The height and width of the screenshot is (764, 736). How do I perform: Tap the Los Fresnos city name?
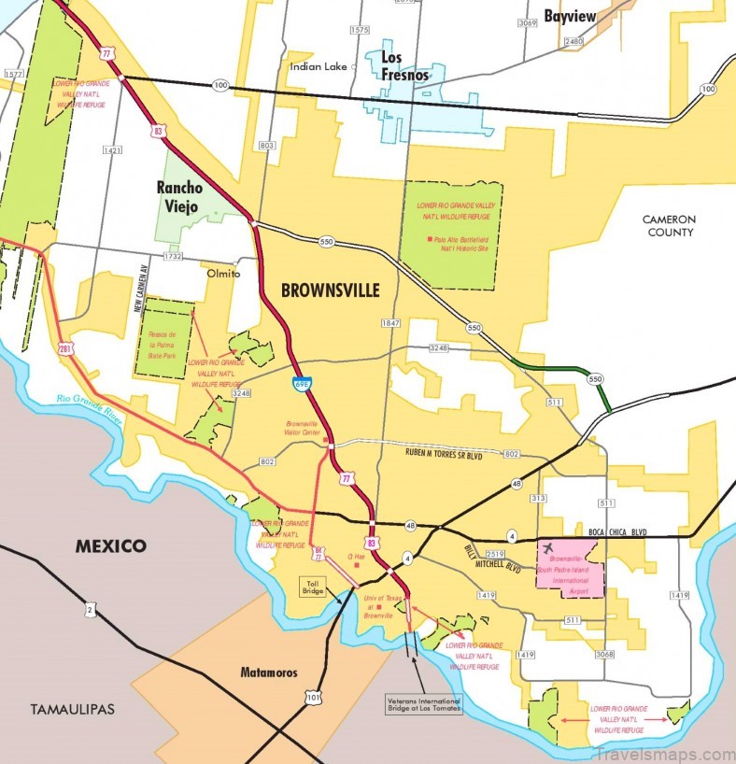403,66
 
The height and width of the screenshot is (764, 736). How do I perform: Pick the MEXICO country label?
111,545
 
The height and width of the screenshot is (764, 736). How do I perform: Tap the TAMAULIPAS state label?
71,709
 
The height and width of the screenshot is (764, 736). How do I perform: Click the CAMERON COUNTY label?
669,225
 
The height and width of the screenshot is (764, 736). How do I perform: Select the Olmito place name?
223,274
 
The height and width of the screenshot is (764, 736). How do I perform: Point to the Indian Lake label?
318,66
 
